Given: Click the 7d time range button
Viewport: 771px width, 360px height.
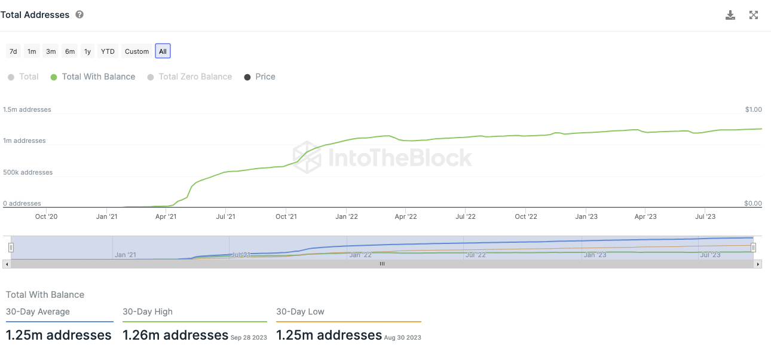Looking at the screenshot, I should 13,51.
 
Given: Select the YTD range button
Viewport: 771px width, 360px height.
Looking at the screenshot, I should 108,51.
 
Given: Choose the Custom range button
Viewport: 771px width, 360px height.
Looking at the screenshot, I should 137,51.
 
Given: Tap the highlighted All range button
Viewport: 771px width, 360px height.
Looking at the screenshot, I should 163,51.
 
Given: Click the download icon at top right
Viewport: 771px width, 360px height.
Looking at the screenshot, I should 730,16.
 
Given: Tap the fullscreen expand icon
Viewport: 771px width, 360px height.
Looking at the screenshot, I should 754,16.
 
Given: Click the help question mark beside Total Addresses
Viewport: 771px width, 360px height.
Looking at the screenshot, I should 79,15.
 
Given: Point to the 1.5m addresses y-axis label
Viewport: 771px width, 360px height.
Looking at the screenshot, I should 27,109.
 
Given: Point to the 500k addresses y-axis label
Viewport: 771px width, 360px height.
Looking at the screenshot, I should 28,172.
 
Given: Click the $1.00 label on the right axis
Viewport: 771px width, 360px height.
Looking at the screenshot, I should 753,109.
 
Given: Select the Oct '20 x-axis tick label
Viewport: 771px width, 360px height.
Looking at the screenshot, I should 46,216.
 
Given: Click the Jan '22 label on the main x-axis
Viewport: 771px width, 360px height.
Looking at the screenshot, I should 346,216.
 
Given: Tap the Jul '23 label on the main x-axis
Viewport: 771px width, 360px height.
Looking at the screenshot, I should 706,216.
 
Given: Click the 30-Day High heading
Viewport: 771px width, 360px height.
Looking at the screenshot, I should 148,312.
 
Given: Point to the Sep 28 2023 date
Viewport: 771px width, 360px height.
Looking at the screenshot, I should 249,337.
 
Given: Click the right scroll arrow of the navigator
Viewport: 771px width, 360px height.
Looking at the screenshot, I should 758,264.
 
